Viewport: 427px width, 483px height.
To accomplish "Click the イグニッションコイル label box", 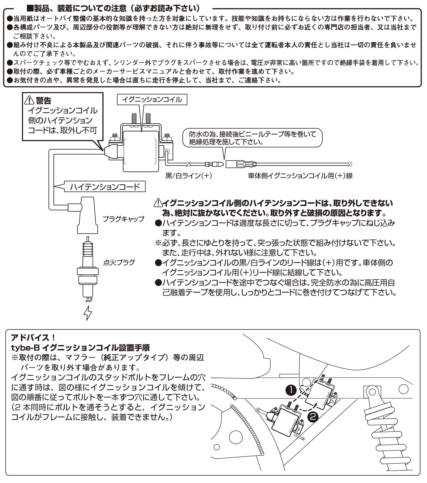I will coord(152,100).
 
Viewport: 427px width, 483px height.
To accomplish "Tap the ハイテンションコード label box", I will coord(105,187).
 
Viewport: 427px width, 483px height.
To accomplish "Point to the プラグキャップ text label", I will coord(123,219).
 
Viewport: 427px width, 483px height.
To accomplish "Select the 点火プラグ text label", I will coord(119,262).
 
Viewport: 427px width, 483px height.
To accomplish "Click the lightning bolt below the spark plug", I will coord(88,313).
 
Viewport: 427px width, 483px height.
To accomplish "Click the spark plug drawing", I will coord(88,270).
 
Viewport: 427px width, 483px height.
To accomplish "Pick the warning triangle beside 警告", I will coord(29,100).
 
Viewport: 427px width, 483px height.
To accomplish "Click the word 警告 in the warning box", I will coord(44,101).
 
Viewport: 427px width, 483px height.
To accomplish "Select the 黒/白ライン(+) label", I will coord(189,176).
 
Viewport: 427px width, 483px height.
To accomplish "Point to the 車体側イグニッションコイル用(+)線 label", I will coord(300,176).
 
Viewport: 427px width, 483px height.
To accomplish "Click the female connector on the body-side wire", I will coord(240,164).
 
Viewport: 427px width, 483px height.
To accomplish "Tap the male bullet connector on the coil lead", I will coord(214,164).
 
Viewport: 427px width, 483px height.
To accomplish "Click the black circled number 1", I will coord(291,390).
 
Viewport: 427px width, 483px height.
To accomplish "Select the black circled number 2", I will coord(313,417).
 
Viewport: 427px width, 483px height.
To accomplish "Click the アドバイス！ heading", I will coord(33,338).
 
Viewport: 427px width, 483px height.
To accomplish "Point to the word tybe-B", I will coord(25,347).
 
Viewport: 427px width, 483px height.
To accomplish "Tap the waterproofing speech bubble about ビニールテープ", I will coord(252,138).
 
